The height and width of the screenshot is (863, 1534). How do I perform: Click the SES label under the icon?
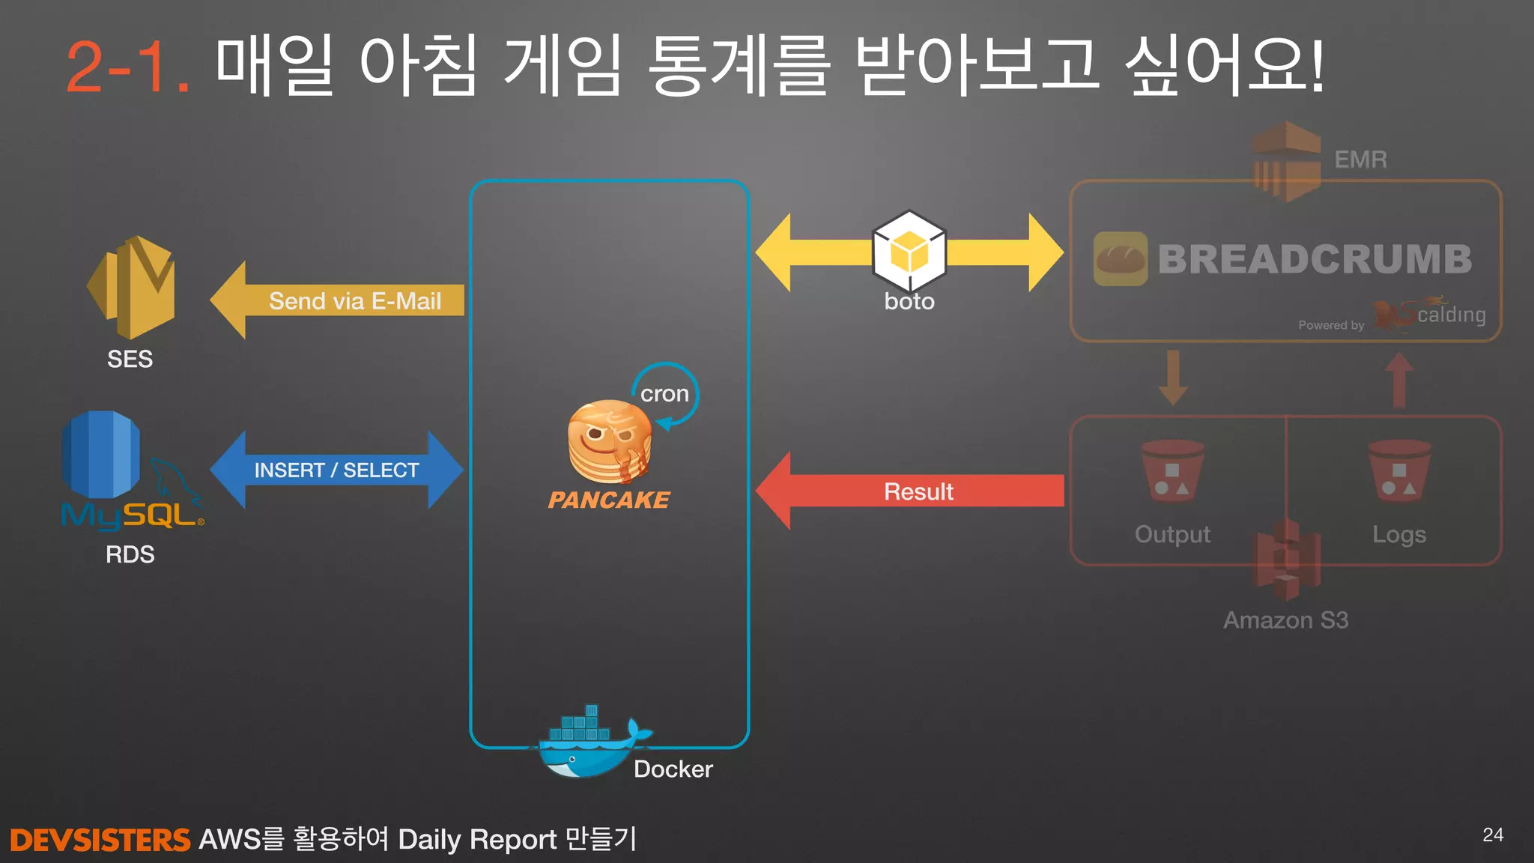(x=130, y=360)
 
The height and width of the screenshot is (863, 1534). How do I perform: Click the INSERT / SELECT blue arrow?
(x=336, y=470)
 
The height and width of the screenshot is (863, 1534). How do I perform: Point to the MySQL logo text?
(x=131, y=515)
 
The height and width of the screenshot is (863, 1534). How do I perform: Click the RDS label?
(x=130, y=554)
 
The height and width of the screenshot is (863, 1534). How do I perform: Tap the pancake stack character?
(x=609, y=442)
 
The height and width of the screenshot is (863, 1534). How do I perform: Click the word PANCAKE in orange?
(x=609, y=500)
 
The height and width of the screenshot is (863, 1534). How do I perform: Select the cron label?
(x=664, y=393)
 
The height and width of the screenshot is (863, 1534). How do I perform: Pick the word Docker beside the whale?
(x=673, y=769)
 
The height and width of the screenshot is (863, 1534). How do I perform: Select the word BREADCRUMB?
(x=1315, y=259)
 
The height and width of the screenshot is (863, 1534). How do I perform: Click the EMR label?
(x=1360, y=160)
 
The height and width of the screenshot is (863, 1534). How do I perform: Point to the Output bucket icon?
(x=1172, y=471)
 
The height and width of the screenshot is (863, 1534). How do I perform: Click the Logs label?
(x=1398, y=534)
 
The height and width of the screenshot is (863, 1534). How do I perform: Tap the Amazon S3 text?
(x=1285, y=620)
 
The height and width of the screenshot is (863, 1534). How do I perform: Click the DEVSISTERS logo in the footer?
(x=100, y=840)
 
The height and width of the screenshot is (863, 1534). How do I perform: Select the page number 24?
(x=1492, y=835)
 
